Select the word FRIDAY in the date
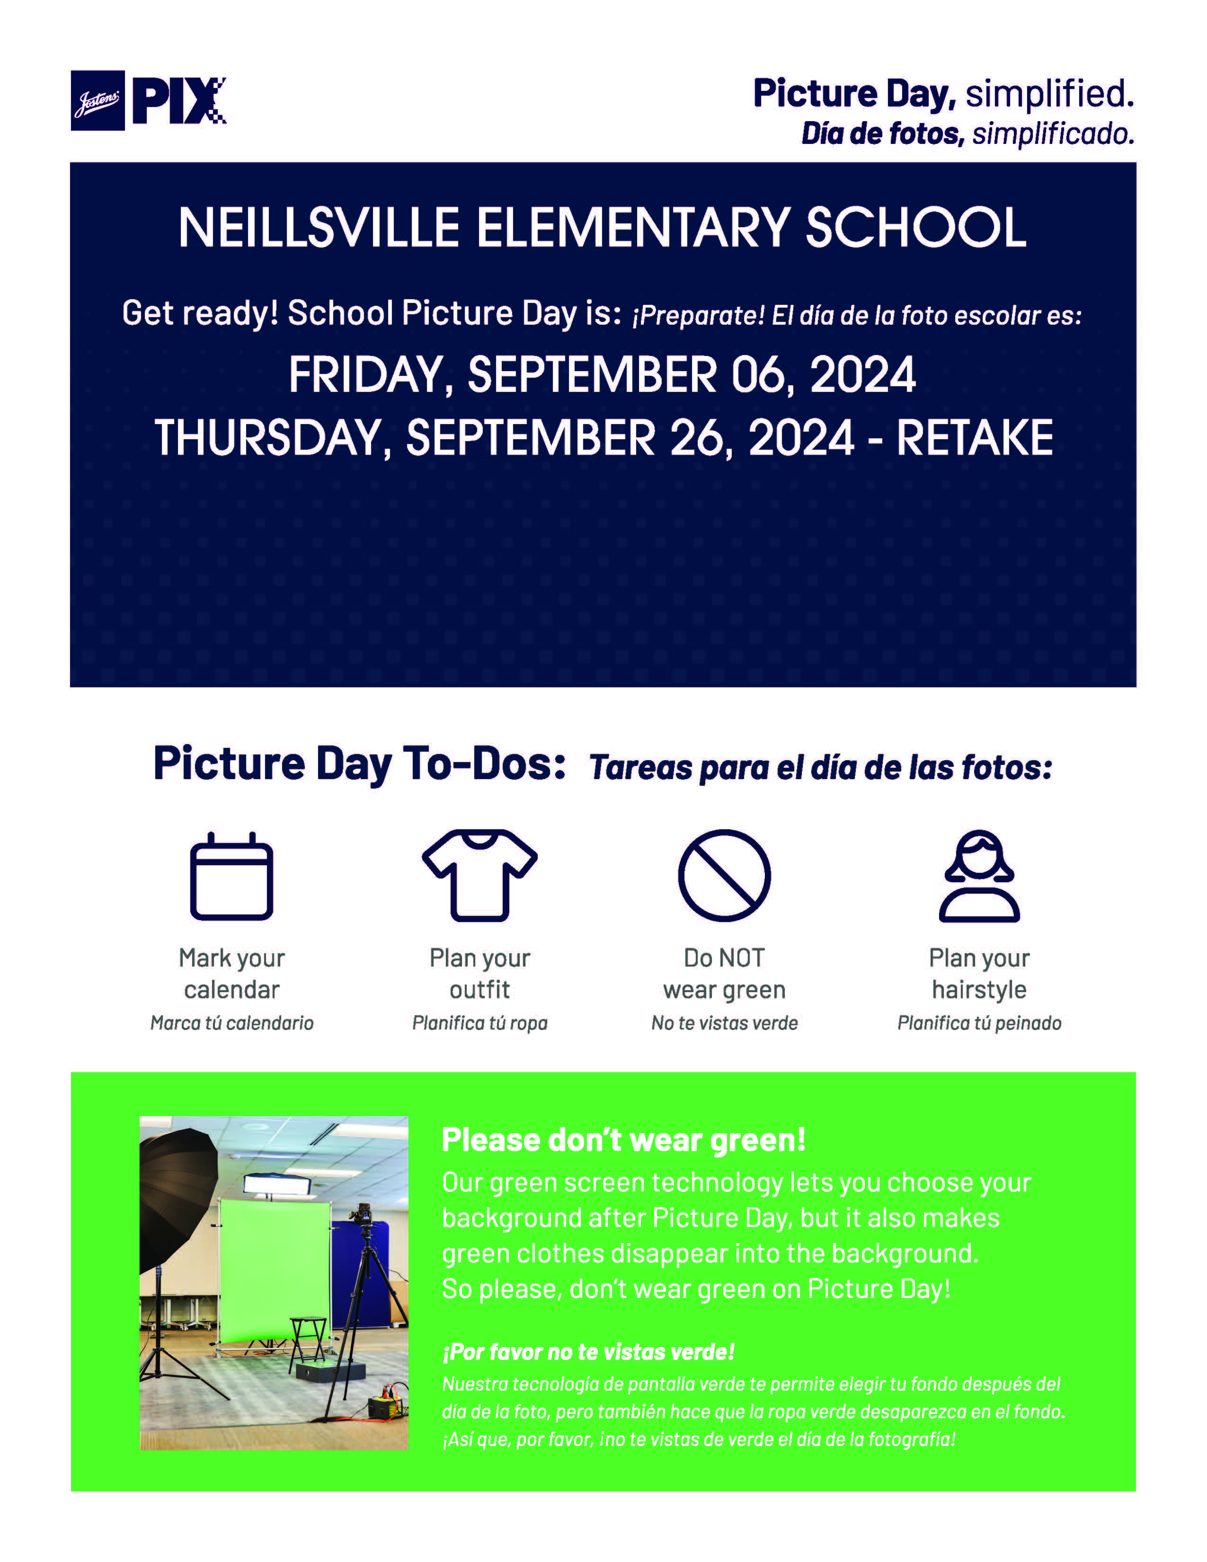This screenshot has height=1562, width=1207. click(x=365, y=375)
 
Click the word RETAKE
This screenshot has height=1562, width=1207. click(x=974, y=438)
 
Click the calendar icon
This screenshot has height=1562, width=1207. click(x=231, y=877)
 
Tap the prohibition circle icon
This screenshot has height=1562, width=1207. click(x=724, y=875)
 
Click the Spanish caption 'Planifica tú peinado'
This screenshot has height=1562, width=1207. click(x=979, y=1023)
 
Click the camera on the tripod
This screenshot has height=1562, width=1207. click(x=363, y=1215)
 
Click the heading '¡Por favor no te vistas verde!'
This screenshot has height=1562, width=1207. click(x=588, y=1352)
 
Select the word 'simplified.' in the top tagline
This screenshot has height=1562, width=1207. click(x=1049, y=94)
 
